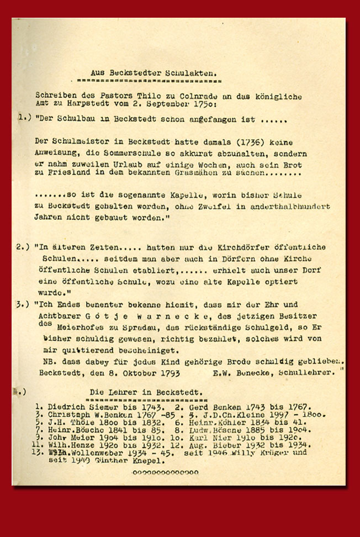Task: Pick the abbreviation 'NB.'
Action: pyautogui.click(x=47, y=362)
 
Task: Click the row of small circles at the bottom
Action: pyautogui.click(x=165, y=472)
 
